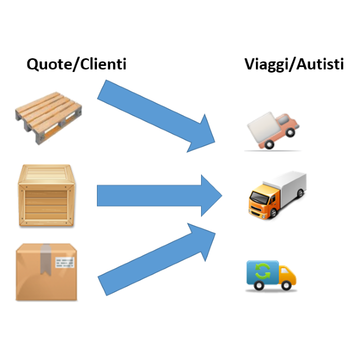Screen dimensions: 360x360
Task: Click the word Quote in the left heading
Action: pos(45,64)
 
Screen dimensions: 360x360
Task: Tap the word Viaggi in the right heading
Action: pos(268,64)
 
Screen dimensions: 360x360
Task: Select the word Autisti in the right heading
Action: pos(321,64)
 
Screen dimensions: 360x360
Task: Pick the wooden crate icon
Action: pos(45,196)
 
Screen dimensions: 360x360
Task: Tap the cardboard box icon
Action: pos(47,272)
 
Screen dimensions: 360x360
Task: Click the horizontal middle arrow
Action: pos(158,196)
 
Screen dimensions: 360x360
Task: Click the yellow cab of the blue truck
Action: pos(286,275)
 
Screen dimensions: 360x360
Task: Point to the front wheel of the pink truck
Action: pos(269,145)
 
